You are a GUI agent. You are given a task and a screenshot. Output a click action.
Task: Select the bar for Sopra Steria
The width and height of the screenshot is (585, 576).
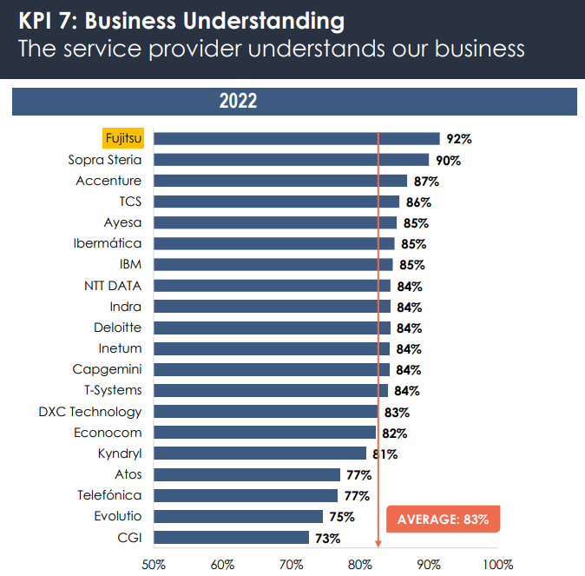[292, 160]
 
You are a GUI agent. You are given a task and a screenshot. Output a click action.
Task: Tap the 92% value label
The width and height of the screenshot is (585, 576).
[458, 139]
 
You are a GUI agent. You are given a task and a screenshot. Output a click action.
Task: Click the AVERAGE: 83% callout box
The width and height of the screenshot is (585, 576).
[443, 520]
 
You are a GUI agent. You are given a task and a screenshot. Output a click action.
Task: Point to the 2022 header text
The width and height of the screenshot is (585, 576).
[238, 102]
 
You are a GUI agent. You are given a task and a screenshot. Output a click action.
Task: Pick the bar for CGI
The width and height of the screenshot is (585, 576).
[233, 538]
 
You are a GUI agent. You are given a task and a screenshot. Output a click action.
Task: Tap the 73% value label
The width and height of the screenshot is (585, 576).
[327, 538]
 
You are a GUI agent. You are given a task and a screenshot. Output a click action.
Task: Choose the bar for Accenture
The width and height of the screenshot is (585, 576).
[281, 181]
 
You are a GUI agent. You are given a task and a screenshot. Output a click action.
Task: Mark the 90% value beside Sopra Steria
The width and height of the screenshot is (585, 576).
[448, 161]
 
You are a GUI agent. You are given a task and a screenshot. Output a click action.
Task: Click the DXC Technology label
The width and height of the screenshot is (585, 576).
[90, 412]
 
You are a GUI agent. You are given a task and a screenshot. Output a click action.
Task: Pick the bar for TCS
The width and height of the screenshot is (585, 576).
[278, 202]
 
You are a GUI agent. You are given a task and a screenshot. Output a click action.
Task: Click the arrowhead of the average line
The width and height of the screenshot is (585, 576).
[378, 543]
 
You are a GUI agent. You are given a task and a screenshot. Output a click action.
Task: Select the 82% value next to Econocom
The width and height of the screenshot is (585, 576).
[395, 434]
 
